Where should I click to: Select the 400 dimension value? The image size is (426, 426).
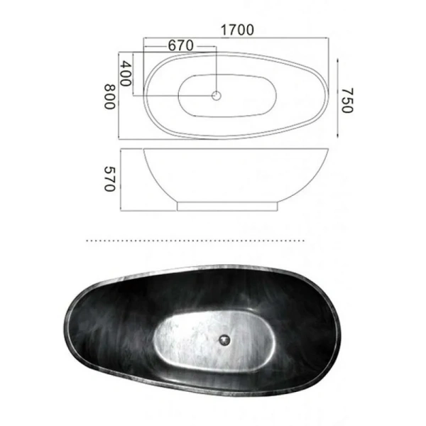pos(126,74)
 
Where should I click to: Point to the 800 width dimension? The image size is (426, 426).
pos(109,96)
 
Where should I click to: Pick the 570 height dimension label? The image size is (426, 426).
pos(109,180)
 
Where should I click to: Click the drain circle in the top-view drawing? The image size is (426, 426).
pos(217,94)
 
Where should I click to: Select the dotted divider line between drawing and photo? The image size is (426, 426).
pos(213,241)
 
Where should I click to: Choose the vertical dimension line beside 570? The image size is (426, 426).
pos(121,180)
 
